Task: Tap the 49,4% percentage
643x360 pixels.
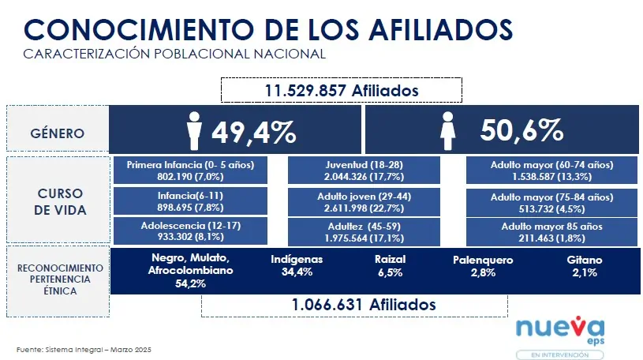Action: tap(253, 131)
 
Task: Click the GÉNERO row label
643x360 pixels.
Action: tap(58, 132)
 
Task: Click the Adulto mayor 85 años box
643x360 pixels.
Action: tap(551, 231)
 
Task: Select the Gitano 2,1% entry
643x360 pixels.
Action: tap(585, 265)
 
